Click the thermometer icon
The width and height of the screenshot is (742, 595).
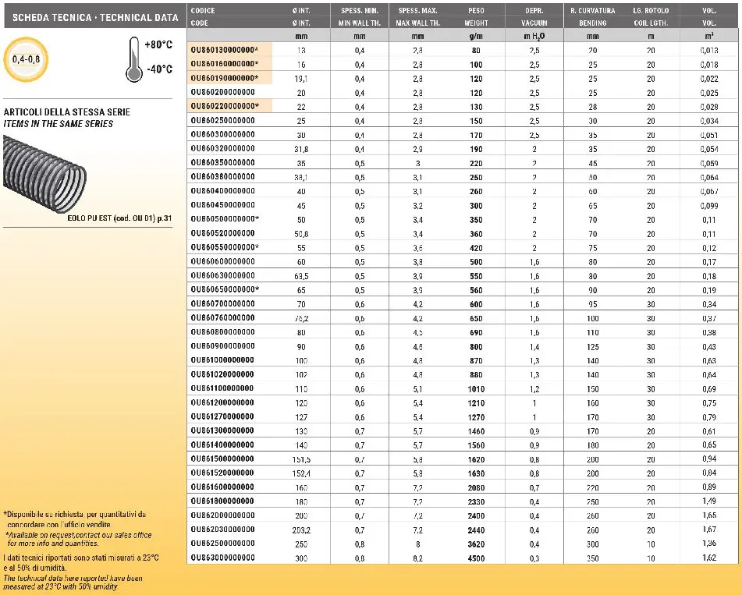coord(133,59)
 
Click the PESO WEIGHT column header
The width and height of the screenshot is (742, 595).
coord(476,16)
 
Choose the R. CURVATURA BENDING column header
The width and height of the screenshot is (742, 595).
coord(592,16)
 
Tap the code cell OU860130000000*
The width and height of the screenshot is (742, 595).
coord(225,50)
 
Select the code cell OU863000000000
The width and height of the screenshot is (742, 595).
coord(223,558)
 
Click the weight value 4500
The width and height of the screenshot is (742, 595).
coord(476,558)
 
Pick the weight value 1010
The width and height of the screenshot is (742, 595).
coord(476,388)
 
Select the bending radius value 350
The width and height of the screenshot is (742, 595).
coord(593,558)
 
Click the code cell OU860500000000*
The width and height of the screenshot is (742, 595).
coord(225,219)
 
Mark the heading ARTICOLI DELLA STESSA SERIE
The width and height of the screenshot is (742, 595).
coord(67,112)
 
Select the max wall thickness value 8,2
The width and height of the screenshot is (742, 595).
coord(417,558)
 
